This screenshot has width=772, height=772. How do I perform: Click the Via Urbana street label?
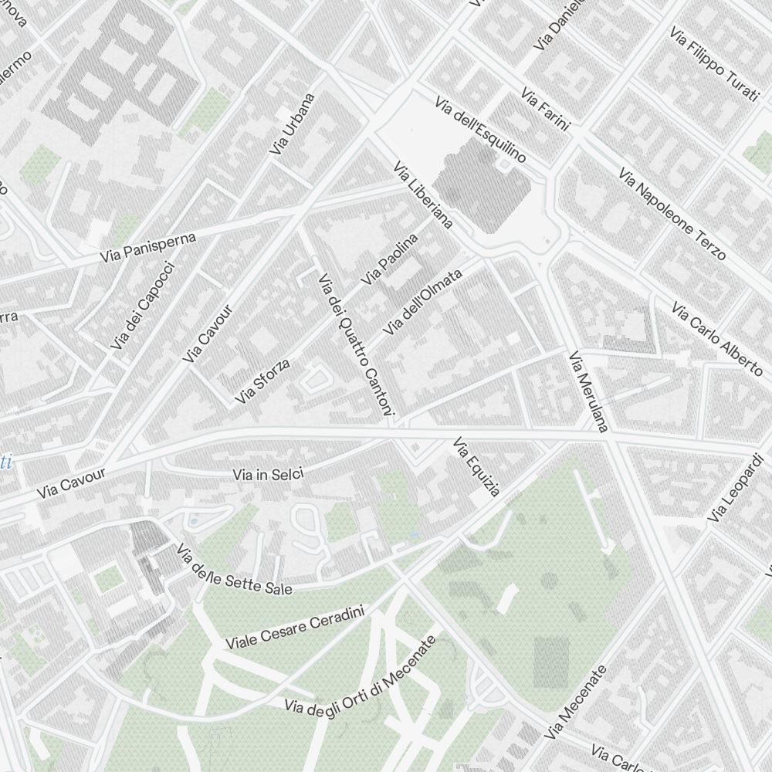(x=293, y=124)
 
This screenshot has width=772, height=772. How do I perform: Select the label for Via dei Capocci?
(x=143, y=306)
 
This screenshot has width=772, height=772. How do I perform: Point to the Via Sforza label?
(x=263, y=381)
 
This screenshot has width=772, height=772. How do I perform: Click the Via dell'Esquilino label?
(x=479, y=130)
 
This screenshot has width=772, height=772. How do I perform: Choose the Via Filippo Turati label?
(x=714, y=66)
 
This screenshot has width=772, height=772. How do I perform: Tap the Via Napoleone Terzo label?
(x=672, y=213)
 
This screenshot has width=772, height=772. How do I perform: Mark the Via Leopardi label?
(x=740, y=488)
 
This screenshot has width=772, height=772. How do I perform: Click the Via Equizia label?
(x=476, y=467)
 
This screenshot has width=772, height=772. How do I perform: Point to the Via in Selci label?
(x=268, y=473)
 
